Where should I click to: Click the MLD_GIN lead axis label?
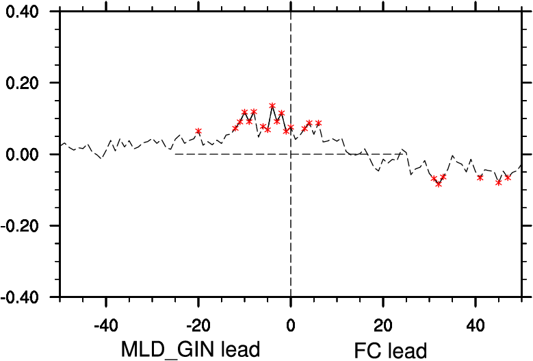[x=191, y=349]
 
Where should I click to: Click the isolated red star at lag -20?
[x=198, y=131]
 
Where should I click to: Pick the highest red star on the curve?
[x=272, y=106]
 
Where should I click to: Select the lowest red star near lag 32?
[x=439, y=184]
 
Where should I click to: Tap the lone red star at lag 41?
[x=480, y=177]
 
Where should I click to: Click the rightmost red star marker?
[x=508, y=177]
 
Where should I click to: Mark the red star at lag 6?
[x=318, y=123]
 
